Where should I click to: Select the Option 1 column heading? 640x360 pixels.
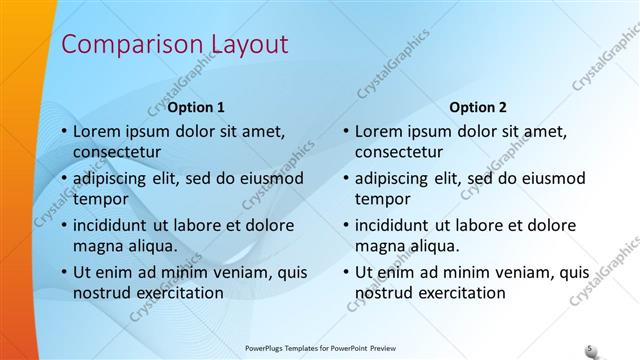[196, 107]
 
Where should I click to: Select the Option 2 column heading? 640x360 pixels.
[478, 107]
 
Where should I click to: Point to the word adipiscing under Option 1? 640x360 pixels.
[115, 178]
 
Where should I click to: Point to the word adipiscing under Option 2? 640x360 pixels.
[397, 178]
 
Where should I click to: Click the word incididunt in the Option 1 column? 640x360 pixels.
[116, 224]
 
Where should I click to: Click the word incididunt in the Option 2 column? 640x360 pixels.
[398, 224]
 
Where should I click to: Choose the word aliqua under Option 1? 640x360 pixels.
[149, 246]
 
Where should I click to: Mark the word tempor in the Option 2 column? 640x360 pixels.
[382, 199]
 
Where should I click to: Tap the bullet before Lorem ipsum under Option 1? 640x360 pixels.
[64, 132]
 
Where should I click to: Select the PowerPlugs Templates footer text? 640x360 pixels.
[319, 349]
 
